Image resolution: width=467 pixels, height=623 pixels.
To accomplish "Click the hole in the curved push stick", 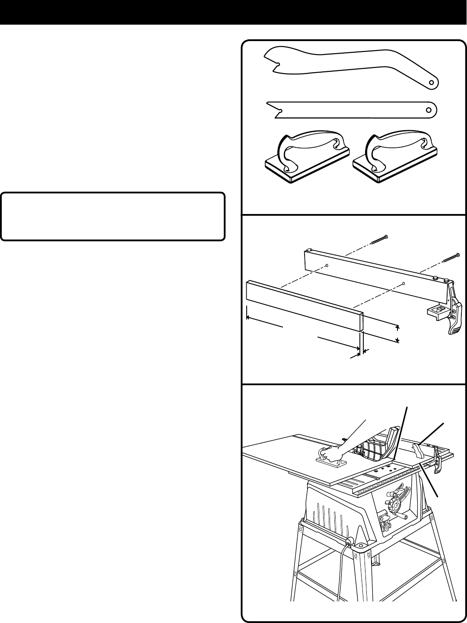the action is tap(431, 82).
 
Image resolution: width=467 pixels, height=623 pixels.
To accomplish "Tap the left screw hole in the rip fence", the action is tap(327, 265).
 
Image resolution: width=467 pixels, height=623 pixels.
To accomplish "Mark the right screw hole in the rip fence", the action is tap(403, 284).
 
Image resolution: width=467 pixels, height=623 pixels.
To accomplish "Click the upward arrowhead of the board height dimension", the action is tap(398, 327).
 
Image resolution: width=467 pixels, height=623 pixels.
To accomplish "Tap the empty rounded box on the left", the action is tap(113, 216).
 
